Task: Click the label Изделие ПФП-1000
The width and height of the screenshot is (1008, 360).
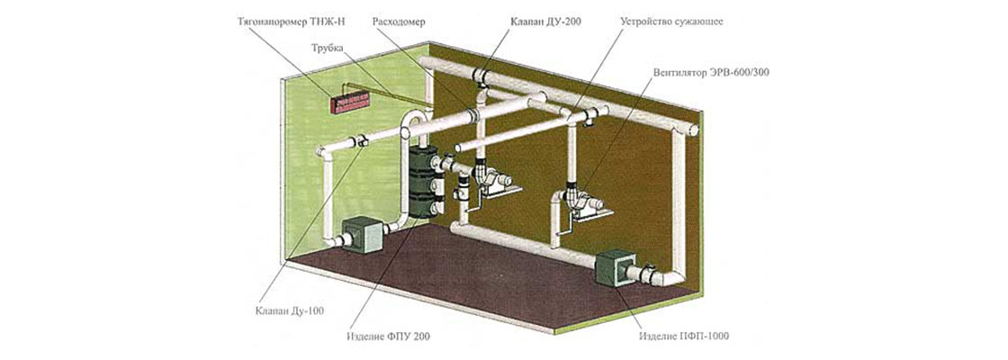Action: (x=684, y=337)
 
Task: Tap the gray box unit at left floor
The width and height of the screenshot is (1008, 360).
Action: (x=361, y=234)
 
